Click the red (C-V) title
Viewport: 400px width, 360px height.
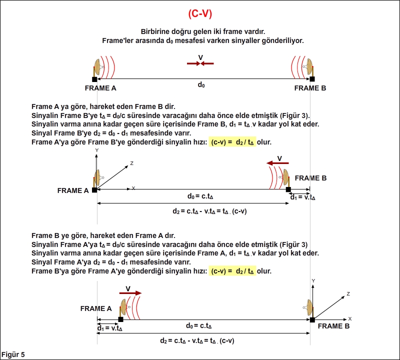click(200, 14)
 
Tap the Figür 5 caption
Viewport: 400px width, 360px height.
click(13, 354)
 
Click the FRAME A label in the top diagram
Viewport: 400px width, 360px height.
click(100, 88)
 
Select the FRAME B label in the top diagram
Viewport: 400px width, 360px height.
click(310, 88)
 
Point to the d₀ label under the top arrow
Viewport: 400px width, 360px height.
click(201, 84)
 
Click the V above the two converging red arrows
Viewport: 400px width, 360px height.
click(200, 57)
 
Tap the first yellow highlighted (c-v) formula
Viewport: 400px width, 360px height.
click(232, 142)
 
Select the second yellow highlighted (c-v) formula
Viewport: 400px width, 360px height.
click(232, 271)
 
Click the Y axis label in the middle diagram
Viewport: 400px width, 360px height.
click(96, 150)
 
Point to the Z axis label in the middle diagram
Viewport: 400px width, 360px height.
click(132, 163)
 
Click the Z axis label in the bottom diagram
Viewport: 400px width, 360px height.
click(348, 294)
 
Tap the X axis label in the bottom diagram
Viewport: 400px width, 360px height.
click(350, 318)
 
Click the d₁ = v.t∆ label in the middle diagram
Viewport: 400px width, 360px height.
click(303, 197)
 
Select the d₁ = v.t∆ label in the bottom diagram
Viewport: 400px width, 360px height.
click(109, 328)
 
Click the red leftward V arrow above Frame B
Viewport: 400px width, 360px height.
click(277, 163)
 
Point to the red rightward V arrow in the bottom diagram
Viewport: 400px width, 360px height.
click(130, 293)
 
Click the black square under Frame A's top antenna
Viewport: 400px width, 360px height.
click(94, 79)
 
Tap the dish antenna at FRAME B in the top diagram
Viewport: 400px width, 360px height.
click(308, 67)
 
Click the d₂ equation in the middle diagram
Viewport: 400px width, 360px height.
click(209, 211)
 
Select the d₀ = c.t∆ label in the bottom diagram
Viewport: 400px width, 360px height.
click(198, 326)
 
